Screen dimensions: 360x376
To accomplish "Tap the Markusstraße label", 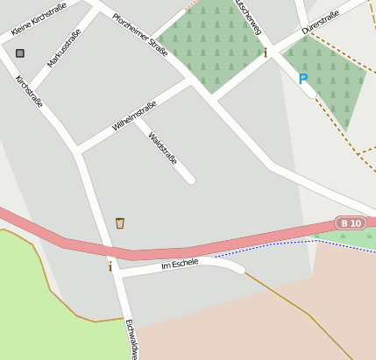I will [x=64, y=48].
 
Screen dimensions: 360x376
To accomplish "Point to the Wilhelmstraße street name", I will [x=134, y=116].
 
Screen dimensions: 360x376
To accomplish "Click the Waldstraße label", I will [x=163, y=148].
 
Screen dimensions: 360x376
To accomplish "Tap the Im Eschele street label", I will [x=180, y=263].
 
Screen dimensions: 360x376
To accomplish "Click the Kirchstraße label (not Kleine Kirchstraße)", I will [x=29, y=91].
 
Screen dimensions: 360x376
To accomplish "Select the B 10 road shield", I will [x=350, y=222].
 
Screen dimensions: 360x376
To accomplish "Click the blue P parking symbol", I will [x=303, y=79].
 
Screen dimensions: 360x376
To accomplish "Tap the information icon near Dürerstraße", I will [x=266, y=53].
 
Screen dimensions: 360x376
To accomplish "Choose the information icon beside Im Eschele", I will [x=110, y=266].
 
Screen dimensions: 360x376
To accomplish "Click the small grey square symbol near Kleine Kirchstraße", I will [x=20, y=53].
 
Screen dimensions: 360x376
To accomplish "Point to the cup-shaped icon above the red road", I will [x=120, y=223].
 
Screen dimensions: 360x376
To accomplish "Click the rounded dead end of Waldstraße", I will [x=190, y=180].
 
